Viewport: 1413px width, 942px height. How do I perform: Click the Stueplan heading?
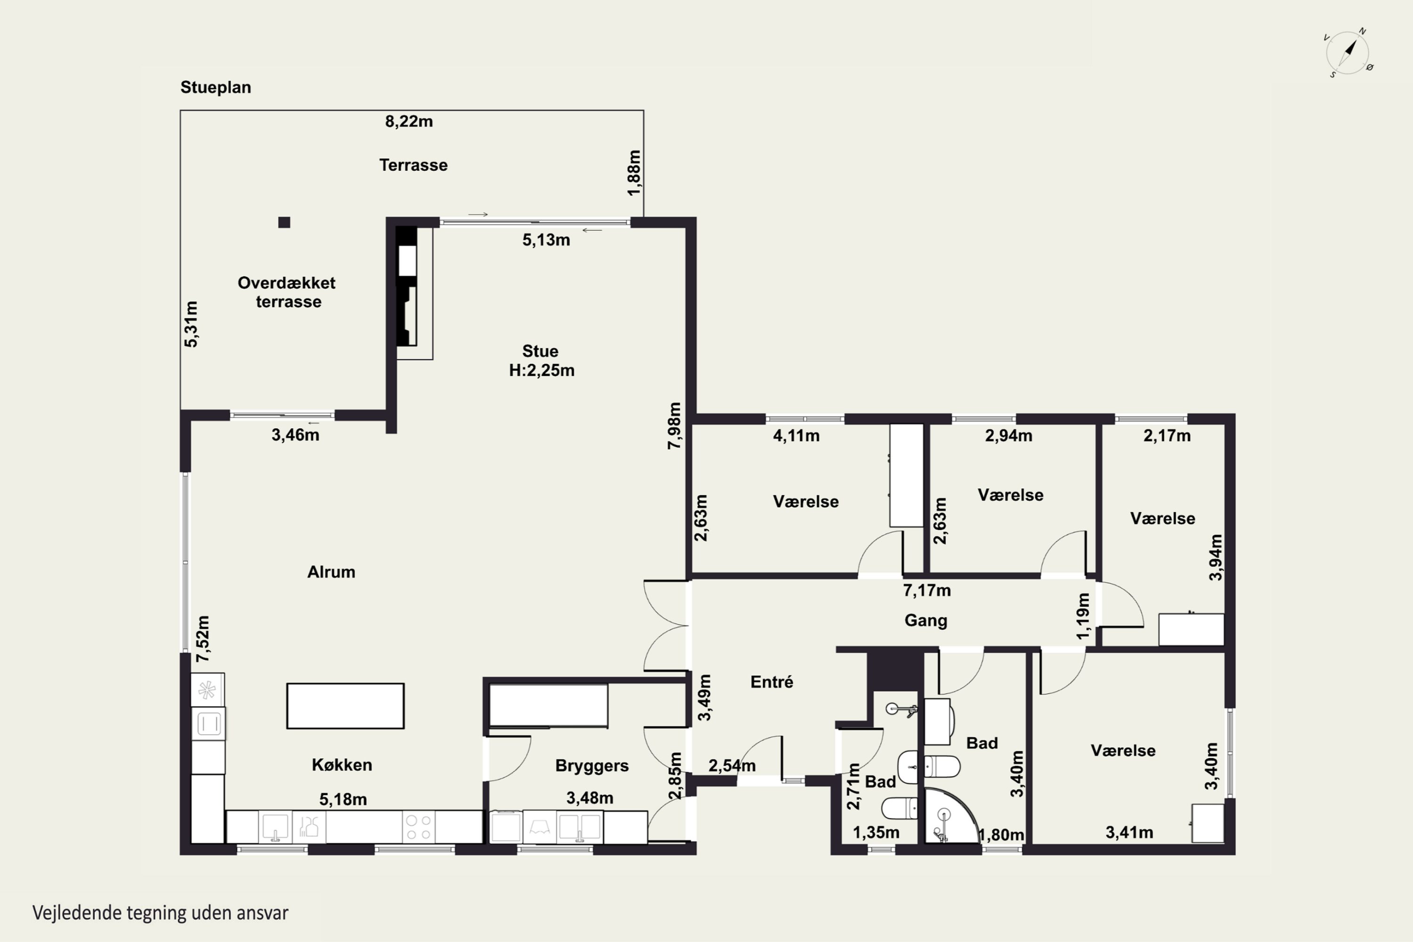tap(216, 87)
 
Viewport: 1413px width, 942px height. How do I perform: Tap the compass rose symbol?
tap(1348, 53)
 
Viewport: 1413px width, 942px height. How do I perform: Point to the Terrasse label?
tap(414, 165)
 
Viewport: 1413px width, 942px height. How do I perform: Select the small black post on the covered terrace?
tap(284, 222)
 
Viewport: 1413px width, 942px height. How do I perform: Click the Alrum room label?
tap(331, 572)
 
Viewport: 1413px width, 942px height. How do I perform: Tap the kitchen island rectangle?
tap(345, 706)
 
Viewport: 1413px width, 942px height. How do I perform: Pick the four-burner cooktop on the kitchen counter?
tap(418, 827)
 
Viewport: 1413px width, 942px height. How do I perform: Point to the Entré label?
tap(772, 682)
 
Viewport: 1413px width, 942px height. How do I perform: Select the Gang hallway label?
tap(926, 621)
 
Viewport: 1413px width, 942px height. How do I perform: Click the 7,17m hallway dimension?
tap(927, 591)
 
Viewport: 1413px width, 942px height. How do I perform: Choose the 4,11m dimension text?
tap(796, 436)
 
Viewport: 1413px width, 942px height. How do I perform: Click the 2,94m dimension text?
tap(1009, 436)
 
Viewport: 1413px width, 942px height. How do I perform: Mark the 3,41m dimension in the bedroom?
tap(1129, 833)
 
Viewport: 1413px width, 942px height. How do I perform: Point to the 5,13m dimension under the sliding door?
tap(546, 240)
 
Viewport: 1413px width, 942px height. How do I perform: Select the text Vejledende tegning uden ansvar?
tap(161, 913)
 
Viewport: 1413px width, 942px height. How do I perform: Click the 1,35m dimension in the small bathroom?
tap(876, 833)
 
